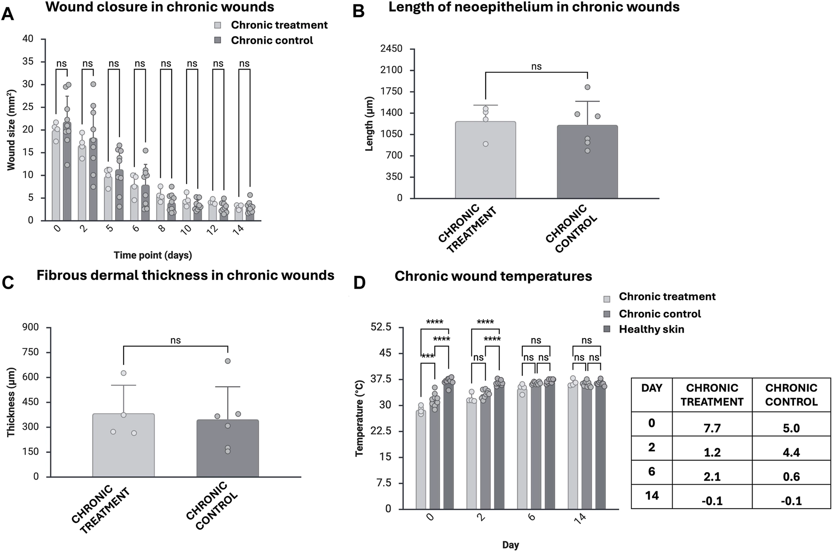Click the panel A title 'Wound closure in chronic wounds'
coord(160,7)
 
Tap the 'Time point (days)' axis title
coord(153,255)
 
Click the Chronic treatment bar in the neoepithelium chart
coord(486,160)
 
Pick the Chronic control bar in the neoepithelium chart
coord(587,162)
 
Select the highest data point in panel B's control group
coord(587,87)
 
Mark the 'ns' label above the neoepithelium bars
coord(536,67)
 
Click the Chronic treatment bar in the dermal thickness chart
coord(123,445)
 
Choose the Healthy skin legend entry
coord(651,329)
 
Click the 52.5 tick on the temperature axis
coord(381,327)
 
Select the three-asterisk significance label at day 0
coord(427,357)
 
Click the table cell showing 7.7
coord(712,428)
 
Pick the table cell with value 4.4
coord(791,452)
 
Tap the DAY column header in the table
coord(652,388)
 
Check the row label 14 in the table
coord(652,496)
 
